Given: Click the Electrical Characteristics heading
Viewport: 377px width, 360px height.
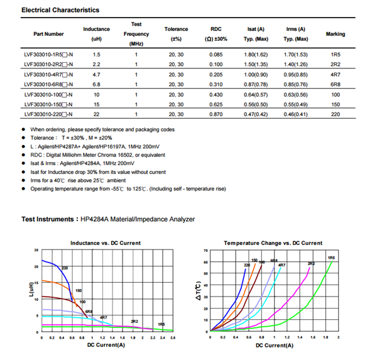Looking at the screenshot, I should pos(60,11).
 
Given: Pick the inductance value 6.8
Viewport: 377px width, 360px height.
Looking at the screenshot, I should pos(96,84).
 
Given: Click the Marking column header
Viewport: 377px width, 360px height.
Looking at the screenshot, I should pos(335,34).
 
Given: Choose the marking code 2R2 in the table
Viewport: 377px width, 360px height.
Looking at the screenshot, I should pos(335,65).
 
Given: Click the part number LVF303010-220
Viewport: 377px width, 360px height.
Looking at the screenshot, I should pos(48,114).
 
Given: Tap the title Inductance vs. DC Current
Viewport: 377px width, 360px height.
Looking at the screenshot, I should pos(106,243).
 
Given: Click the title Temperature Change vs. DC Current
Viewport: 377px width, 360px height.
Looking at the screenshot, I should pos(273,243).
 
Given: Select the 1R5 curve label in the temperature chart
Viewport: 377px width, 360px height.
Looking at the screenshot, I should pos(331,258).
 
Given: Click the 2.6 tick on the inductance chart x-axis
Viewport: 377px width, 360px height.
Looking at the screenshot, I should pos(173,338).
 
